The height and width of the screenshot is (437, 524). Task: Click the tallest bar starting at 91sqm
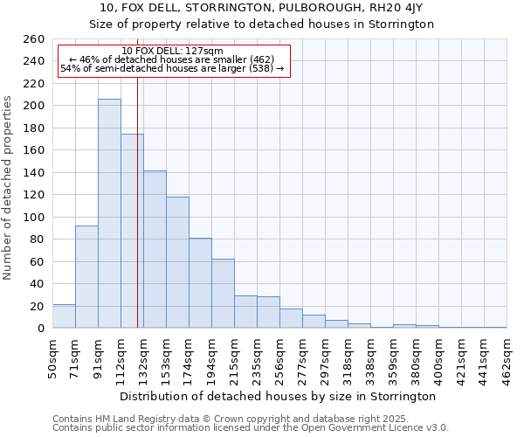(109, 213)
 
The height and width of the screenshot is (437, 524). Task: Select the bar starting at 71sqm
(86, 276)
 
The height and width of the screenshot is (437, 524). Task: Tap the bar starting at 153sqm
(177, 262)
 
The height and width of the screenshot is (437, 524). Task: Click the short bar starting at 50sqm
(64, 316)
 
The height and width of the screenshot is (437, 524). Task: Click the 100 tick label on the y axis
(34, 217)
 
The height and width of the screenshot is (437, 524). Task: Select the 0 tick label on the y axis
(41, 328)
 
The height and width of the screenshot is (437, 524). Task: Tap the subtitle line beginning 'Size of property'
(261, 24)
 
